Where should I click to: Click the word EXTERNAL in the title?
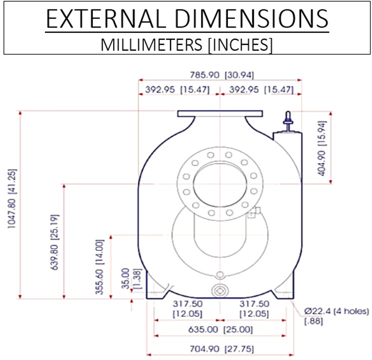pos(106,19)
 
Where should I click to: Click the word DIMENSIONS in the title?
pos(251,19)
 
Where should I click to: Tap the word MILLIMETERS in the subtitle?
pos(152,44)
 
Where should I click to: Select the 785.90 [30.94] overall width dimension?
pos(222,75)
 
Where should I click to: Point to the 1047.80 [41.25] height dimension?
pos(12,199)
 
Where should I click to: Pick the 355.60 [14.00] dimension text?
pos(100,267)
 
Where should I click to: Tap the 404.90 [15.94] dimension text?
pos(322,148)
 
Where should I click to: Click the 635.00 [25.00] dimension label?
pos(220,330)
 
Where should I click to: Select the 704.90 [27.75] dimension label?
pos(222,349)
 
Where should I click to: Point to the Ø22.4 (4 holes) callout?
pos(337,311)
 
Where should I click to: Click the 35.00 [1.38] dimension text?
pos(132,279)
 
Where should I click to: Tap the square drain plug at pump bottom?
pos(220,291)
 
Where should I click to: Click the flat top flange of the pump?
pos(220,113)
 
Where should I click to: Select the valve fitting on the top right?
pos(288,121)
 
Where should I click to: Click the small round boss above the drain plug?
pos(220,275)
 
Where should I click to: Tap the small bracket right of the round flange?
pos(254,212)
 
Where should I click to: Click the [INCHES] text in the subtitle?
pos(240,44)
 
